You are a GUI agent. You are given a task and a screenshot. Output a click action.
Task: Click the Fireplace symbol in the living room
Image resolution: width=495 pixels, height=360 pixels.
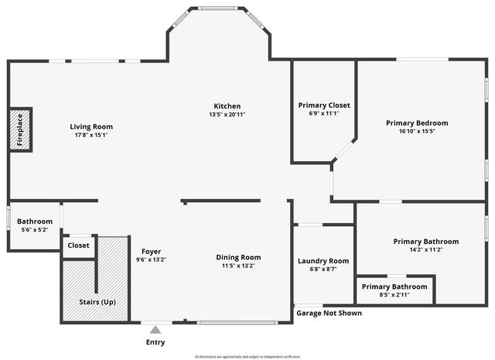[21, 130]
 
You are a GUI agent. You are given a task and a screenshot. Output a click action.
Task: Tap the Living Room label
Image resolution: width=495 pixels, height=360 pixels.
[91, 127]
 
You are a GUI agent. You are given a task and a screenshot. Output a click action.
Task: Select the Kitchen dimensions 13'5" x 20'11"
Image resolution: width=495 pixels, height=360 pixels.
[227, 115]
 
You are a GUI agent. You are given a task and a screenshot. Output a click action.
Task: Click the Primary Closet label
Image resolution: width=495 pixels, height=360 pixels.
[324, 105]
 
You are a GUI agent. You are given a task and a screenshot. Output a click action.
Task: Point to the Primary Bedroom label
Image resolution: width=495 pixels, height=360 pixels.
[417, 123]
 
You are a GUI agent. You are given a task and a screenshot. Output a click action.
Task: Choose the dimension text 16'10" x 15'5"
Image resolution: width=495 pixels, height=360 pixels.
[417, 132]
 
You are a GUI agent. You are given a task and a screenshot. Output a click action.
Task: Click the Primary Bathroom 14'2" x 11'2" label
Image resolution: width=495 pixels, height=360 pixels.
[425, 242]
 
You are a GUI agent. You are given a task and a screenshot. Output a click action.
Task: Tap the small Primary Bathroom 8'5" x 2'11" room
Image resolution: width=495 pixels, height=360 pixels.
[394, 290]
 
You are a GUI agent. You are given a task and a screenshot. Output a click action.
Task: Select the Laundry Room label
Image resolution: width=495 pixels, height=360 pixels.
[323, 261]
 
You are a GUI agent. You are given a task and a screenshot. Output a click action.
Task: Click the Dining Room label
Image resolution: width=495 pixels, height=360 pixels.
[237, 257]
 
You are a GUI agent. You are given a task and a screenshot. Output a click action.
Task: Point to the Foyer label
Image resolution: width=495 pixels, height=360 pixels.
[151, 251]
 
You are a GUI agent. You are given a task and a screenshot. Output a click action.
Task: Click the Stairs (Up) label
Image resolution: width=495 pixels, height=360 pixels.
[97, 301]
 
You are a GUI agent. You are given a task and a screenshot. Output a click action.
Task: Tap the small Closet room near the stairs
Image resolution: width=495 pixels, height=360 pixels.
[78, 245]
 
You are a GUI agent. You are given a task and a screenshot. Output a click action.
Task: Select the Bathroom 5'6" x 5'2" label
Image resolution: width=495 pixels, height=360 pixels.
[36, 221]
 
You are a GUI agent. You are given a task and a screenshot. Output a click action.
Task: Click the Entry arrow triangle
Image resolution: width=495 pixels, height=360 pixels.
[155, 328]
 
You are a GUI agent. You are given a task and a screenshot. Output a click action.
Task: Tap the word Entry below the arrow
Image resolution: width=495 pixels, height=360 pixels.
[155, 342]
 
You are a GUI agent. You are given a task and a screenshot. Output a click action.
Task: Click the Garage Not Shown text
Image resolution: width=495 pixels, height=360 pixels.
[329, 314]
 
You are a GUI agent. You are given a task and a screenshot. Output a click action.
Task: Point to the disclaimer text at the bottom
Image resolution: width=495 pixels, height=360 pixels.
[247, 356]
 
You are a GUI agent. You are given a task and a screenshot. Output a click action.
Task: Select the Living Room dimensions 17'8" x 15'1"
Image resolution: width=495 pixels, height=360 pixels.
[91, 135]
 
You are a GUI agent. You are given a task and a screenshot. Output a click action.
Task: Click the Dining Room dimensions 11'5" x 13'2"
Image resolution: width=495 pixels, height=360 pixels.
[237, 266]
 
